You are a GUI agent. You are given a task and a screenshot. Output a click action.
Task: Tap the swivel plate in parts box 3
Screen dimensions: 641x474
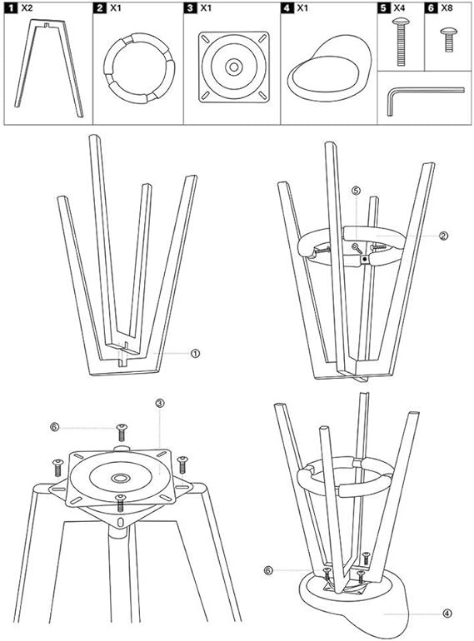[x=234, y=66]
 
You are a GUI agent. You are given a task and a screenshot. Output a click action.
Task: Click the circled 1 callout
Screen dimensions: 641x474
[x=195, y=353]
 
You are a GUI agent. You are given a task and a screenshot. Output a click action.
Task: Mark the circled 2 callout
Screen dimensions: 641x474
[x=444, y=236]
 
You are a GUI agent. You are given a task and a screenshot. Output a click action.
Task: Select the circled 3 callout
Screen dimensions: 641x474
[x=160, y=403]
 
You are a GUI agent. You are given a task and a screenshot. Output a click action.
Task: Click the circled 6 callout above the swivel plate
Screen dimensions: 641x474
[x=55, y=426]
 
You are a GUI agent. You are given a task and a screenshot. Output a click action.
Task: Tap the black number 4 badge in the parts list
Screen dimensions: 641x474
[x=287, y=7]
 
